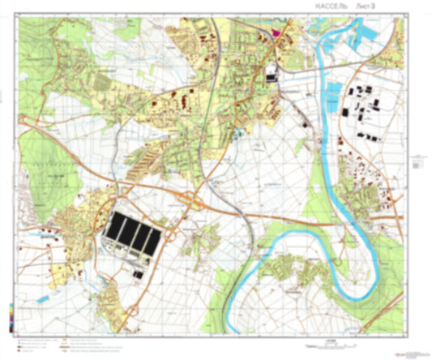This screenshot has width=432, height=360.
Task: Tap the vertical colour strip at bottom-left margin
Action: pos(9,314)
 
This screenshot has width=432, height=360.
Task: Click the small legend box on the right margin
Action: pos(416,162)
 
